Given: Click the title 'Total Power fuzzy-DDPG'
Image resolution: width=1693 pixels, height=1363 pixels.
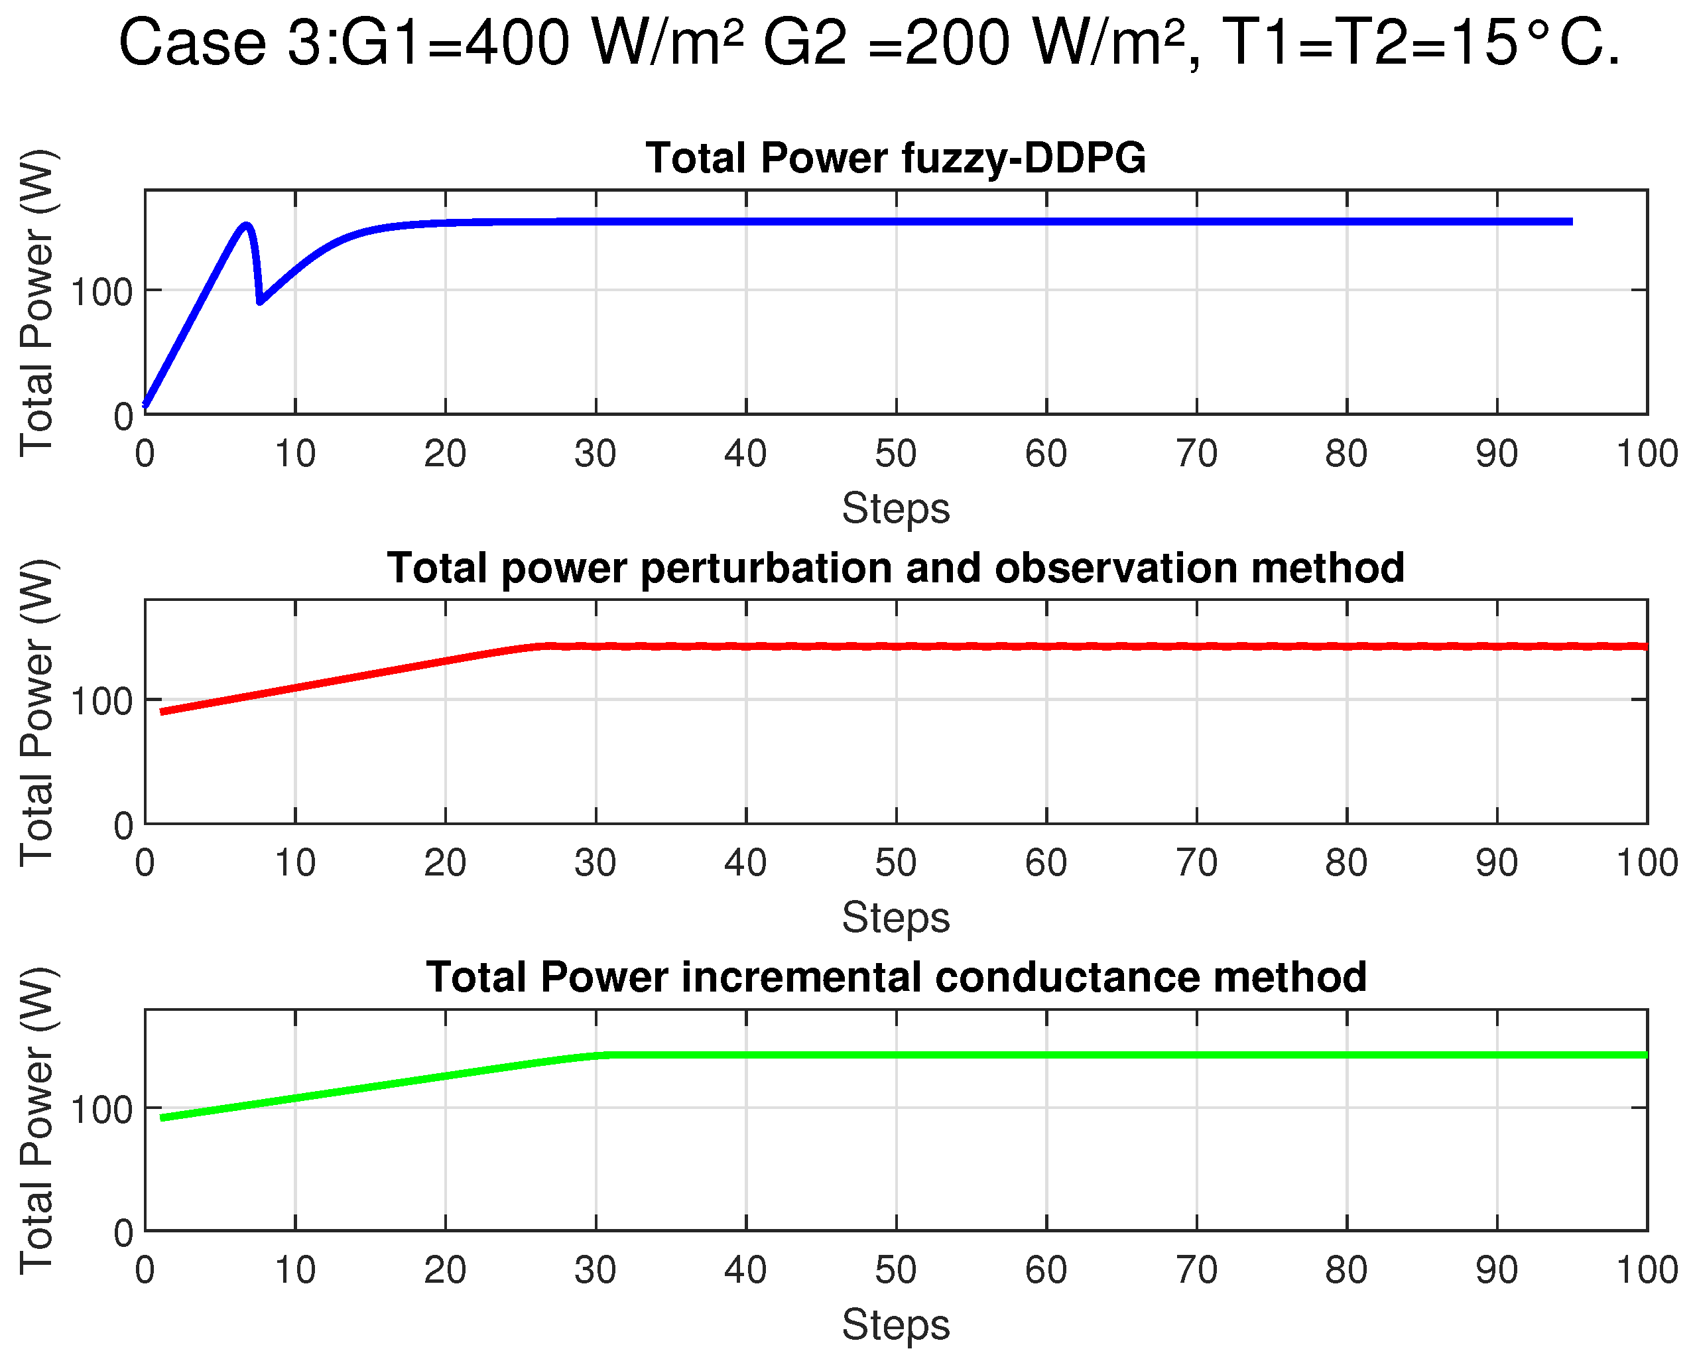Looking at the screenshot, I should (895, 158).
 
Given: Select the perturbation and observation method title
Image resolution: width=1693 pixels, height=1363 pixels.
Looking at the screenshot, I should (895, 567).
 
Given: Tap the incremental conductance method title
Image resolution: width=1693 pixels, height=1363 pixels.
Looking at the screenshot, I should (896, 976).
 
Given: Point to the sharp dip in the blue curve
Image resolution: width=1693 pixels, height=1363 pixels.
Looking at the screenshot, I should (260, 301).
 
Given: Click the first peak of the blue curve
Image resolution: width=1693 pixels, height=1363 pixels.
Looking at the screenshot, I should (247, 226).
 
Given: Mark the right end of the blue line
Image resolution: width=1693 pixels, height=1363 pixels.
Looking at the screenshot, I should (1571, 222).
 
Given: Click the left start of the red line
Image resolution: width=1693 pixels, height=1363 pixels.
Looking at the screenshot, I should (162, 712).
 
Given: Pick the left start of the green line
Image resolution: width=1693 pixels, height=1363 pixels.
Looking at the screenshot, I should (162, 1117).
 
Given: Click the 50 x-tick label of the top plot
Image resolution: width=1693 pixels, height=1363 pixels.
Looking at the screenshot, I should (895, 454).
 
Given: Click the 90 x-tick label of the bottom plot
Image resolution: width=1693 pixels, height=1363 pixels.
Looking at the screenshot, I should (1497, 1270).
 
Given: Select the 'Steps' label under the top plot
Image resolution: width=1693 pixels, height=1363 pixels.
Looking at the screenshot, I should (895, 508).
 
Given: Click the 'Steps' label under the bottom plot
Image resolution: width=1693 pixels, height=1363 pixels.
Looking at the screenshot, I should (895, 1325).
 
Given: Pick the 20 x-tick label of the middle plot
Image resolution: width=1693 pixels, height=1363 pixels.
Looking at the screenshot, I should (445, 863).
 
